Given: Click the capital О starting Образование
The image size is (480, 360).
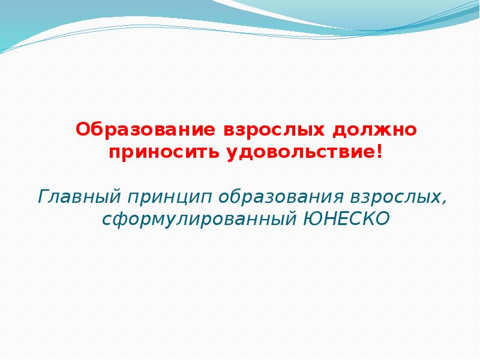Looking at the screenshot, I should click(x=82, y=130).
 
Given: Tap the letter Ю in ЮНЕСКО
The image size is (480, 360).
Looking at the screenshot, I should click(x=312, y=218).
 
